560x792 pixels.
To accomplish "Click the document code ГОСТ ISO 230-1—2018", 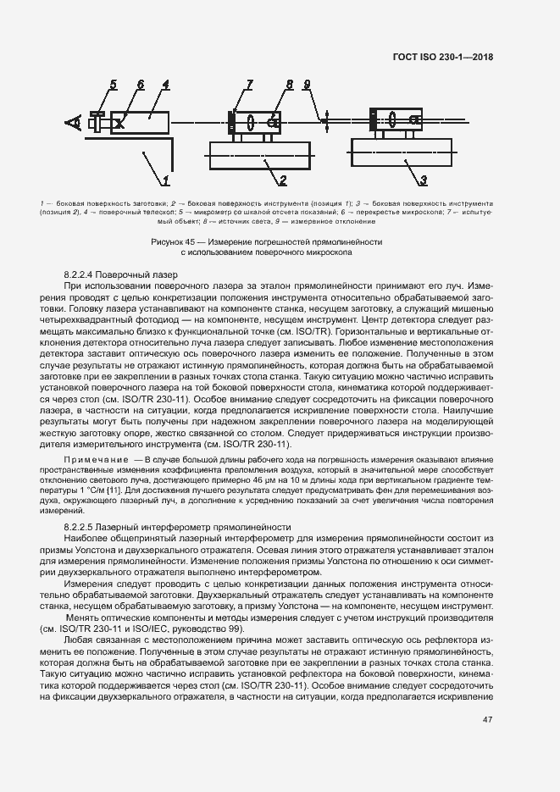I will click(x=443, y=58).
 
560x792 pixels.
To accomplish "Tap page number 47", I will click(x=488, y=720).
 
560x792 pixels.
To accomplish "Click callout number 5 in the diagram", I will click(x=113, y=84).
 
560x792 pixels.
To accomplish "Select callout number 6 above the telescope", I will click(x=140, y=84).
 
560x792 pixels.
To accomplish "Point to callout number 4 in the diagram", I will click(x=166, y=84).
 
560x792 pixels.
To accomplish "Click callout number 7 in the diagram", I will click(x=250, y=84).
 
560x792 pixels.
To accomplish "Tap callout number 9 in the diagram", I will click(x=308, y=85).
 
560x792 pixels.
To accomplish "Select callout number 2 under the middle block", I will click(x=283, y=180).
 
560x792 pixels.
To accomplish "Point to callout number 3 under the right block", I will click(x=424, y=180).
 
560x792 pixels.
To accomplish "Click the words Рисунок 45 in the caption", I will click(x=172, y=241).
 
